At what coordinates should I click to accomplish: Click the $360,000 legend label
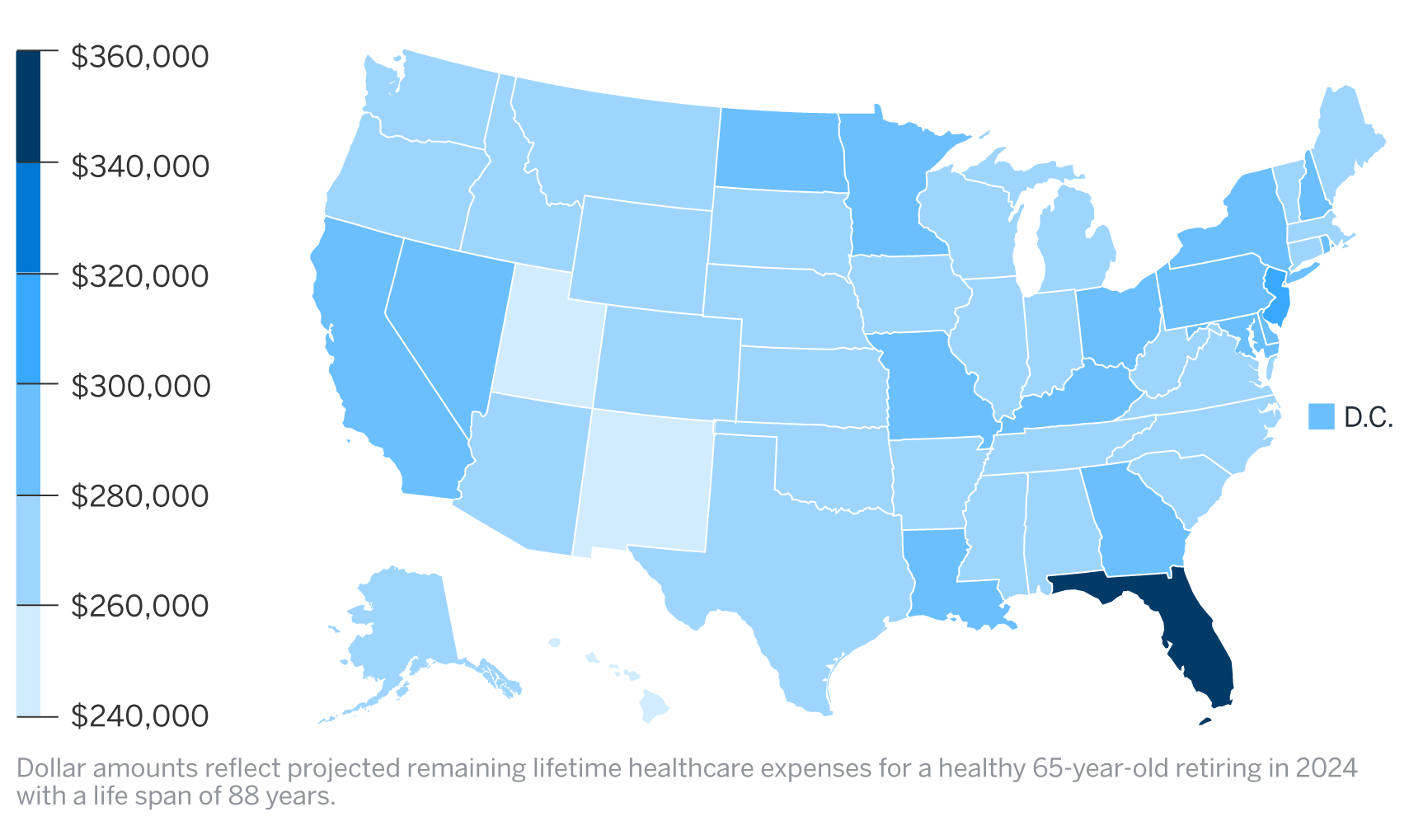[x=140, y=56]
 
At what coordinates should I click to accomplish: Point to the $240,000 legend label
[x=140, y=715]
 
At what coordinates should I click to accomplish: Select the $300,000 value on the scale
[x=140, y=386]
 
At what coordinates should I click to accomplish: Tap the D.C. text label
[x=1368, y=417]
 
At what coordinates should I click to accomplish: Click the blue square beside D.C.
[x=1321, y=416]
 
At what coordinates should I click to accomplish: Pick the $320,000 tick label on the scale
[x=140, y=276]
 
